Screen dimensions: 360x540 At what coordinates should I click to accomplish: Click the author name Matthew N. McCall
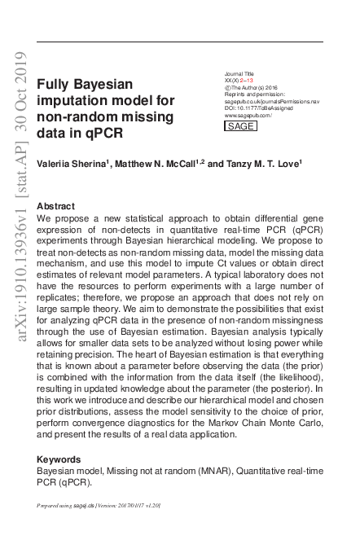coord(158,163)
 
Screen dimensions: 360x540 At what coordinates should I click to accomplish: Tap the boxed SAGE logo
coord(239,126)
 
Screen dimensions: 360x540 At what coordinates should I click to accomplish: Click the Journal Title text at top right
coord(239,73)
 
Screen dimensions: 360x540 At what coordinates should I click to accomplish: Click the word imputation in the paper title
coord(81,99)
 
